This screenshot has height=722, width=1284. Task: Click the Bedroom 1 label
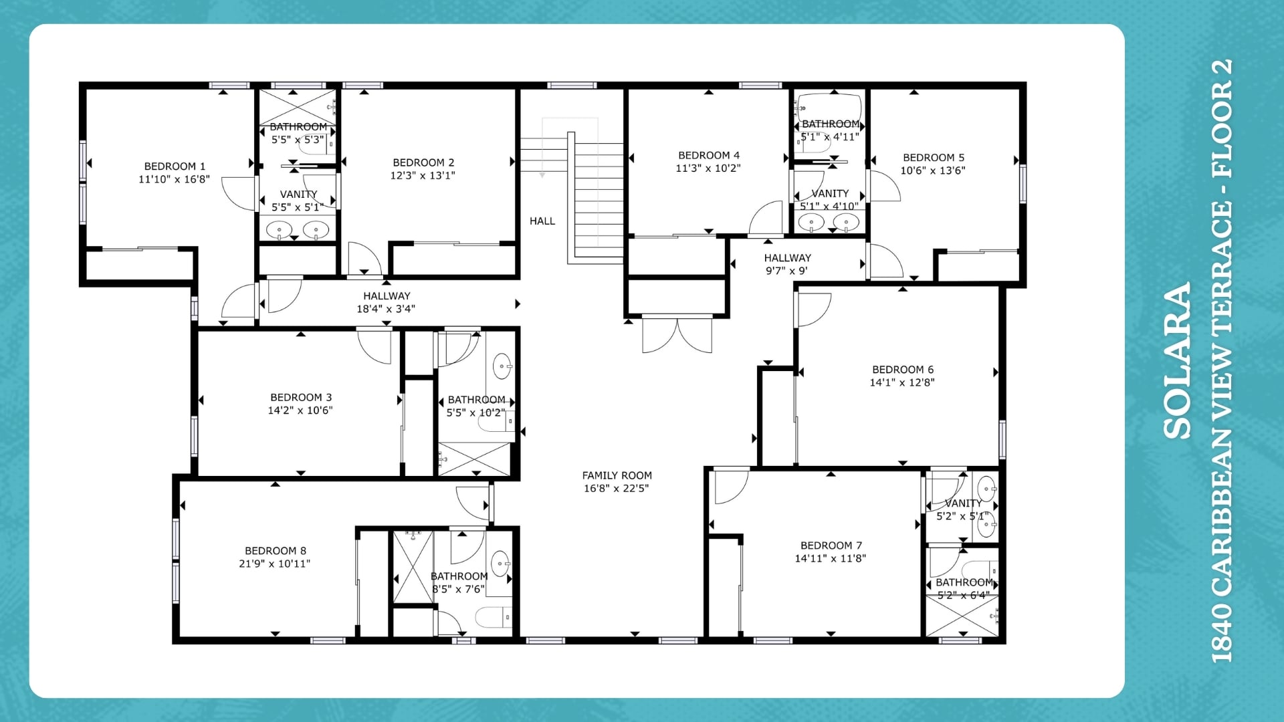175,166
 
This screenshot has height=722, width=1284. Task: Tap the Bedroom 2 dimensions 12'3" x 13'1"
423,176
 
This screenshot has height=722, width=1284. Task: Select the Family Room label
617,475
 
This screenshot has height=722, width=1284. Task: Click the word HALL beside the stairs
542,221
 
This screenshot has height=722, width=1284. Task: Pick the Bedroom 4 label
709,155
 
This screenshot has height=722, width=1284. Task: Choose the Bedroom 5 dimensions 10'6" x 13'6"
933,170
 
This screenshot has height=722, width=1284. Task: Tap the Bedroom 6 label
903,370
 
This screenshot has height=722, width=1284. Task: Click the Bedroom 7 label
831,546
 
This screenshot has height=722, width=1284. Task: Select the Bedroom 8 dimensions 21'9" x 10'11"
275,564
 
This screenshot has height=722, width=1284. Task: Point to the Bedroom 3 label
301,398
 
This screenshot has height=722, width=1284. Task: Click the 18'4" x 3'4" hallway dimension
386,309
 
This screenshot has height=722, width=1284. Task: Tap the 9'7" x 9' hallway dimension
787,271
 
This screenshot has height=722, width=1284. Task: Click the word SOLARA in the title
1178,361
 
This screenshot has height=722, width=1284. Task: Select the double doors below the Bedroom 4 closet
677,334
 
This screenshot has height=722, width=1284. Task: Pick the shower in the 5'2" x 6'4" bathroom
962,615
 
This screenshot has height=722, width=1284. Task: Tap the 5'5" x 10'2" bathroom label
476,406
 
